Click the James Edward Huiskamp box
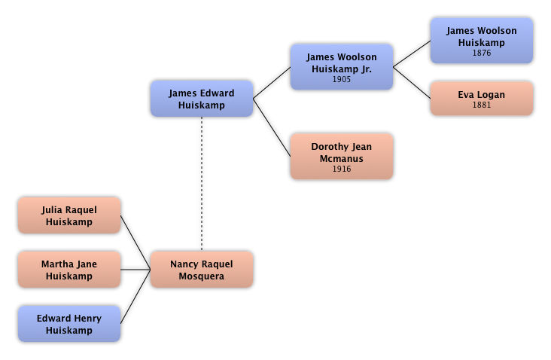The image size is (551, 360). click(x=201, y=99)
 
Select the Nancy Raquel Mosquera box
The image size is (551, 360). click(x=201, y=270)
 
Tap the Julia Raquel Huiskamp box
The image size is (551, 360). click(x=68, y=215)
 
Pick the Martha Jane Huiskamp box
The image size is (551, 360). click(x=68, y=270)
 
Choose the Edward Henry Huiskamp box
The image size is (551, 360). click(x=68, y=324)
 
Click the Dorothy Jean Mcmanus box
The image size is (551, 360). click(x=341, y=157)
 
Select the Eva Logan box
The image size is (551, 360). click(x=482, y=99)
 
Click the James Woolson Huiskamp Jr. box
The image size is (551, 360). click(x=341, y=67)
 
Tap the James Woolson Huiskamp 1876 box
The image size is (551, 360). click(x=482, y=41)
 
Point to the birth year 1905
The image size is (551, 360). click(x=342, y=79)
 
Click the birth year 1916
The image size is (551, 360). click(x=342, y=169)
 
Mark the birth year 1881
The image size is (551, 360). click(x=482, y=105)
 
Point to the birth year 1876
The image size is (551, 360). click(x=482, y=53)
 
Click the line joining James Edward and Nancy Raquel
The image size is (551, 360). click(x=202, y=185)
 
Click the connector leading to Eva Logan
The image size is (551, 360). click(x=412, y=84)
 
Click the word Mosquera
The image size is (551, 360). click(x=201, y=276)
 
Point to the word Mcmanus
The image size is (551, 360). click(x=341, y=158)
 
